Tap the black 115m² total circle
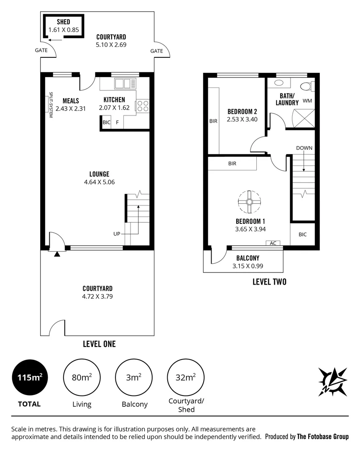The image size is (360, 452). pyautogui.click(x=30, y=378)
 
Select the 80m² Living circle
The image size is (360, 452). pyautogui.click(x=82, y=378)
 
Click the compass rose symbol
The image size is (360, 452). pyautogui.click(x=332, y=381)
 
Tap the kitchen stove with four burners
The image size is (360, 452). pyautogui.click(x=143, y=105)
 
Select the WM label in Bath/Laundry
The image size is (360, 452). pyautogui.click(x=307, y=101)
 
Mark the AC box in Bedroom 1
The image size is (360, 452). pyautogui.click(x=273, y=243)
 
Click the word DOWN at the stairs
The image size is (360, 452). pyautogui.click(x=304, y=148)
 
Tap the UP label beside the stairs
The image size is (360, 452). pyautogui.click(x=117, y=234)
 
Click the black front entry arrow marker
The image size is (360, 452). pyautogui.click(x=57, y=253)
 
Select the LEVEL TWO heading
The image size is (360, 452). pyautogui.click(x=269, y=282)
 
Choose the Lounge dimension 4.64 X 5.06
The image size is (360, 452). pyautogui.click(x=99, y=182)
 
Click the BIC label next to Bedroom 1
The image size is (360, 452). pyautogui.click(x=302, y=234)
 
